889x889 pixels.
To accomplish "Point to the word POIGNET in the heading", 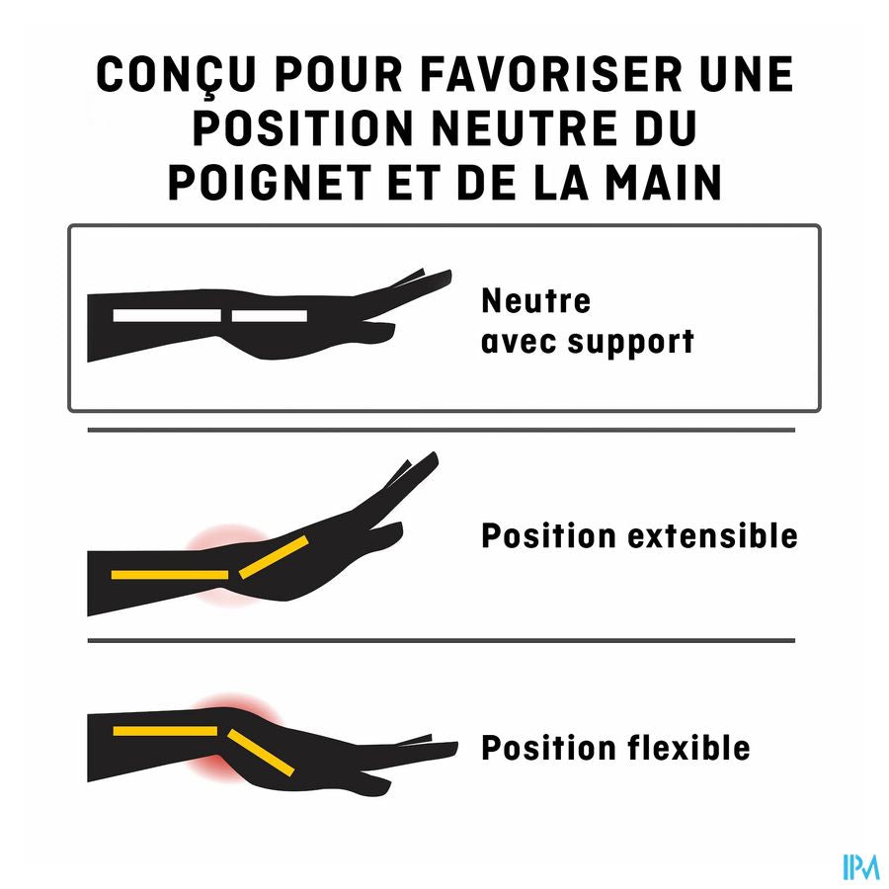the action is (x=270, y=183).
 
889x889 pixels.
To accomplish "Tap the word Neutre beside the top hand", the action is (x=535, y=300).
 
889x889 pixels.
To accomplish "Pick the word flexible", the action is (x=688, y=748).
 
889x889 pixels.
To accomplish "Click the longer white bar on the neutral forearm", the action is (x=167, y=315).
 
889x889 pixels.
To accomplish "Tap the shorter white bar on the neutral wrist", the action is (x=270, y=315).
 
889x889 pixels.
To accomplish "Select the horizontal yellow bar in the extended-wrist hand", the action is (x=170, y=575).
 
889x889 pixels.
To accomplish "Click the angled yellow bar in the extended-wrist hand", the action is (x=274, y=557).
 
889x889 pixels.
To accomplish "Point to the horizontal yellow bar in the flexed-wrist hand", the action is (x=165, y=731).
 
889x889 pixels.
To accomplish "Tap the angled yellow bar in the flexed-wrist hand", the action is (x=261, y=753).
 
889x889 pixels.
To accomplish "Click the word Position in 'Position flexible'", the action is (x=548, y=748).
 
